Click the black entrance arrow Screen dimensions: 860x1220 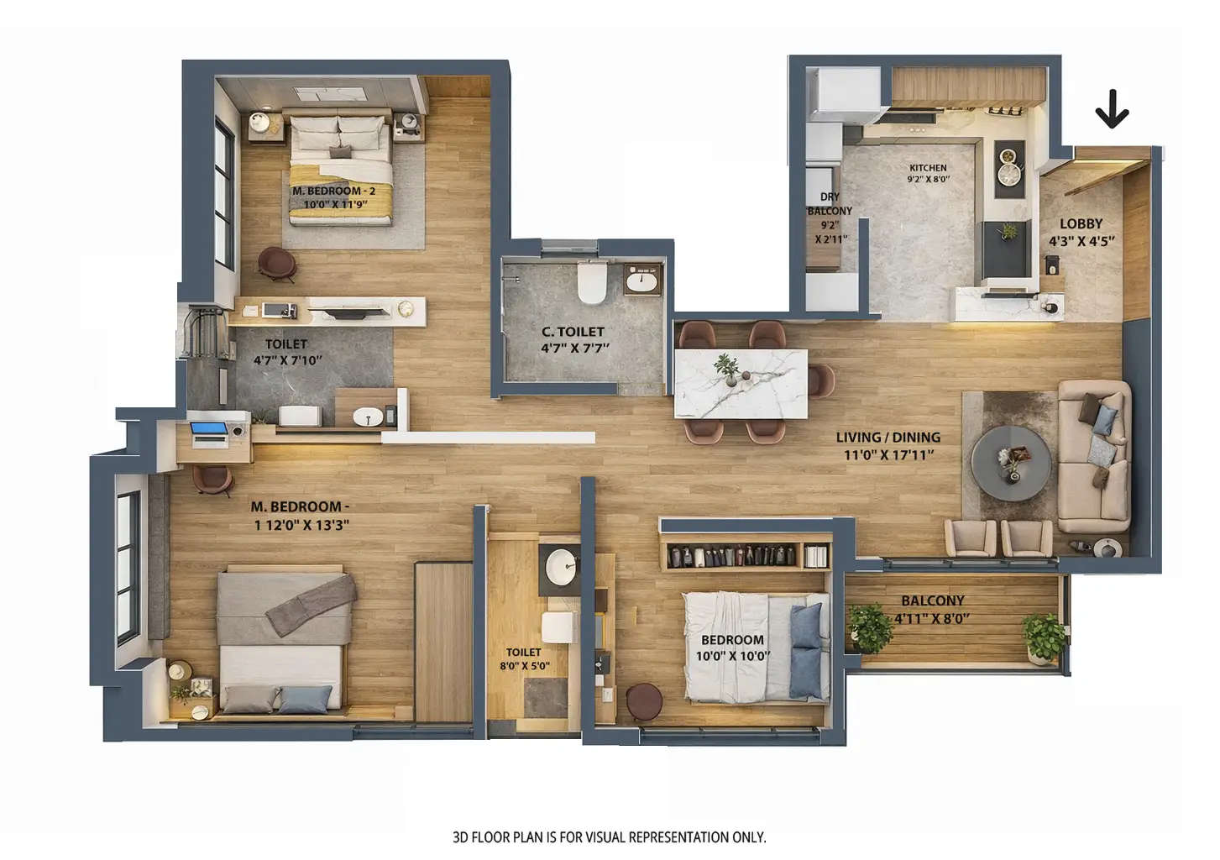(x=1112, y=109)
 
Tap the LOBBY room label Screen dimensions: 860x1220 (x=1081, y=223)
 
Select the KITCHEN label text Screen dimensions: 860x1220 (x=928, y=168)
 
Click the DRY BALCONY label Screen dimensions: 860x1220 (x=830, y=204)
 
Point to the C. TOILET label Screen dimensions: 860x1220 (x=573, y=332)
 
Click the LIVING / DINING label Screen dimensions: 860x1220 (x=888, y=438)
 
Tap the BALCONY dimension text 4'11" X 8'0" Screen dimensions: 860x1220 (x=932, y=619)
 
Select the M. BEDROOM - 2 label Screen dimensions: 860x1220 (x=333, y=191)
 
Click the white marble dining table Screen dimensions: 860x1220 (x=741, y=383)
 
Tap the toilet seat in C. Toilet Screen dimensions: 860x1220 (x=592, y=283)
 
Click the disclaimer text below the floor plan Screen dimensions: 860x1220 (x=609, y=837)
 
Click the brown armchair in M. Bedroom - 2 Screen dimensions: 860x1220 (x=276, y=262)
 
